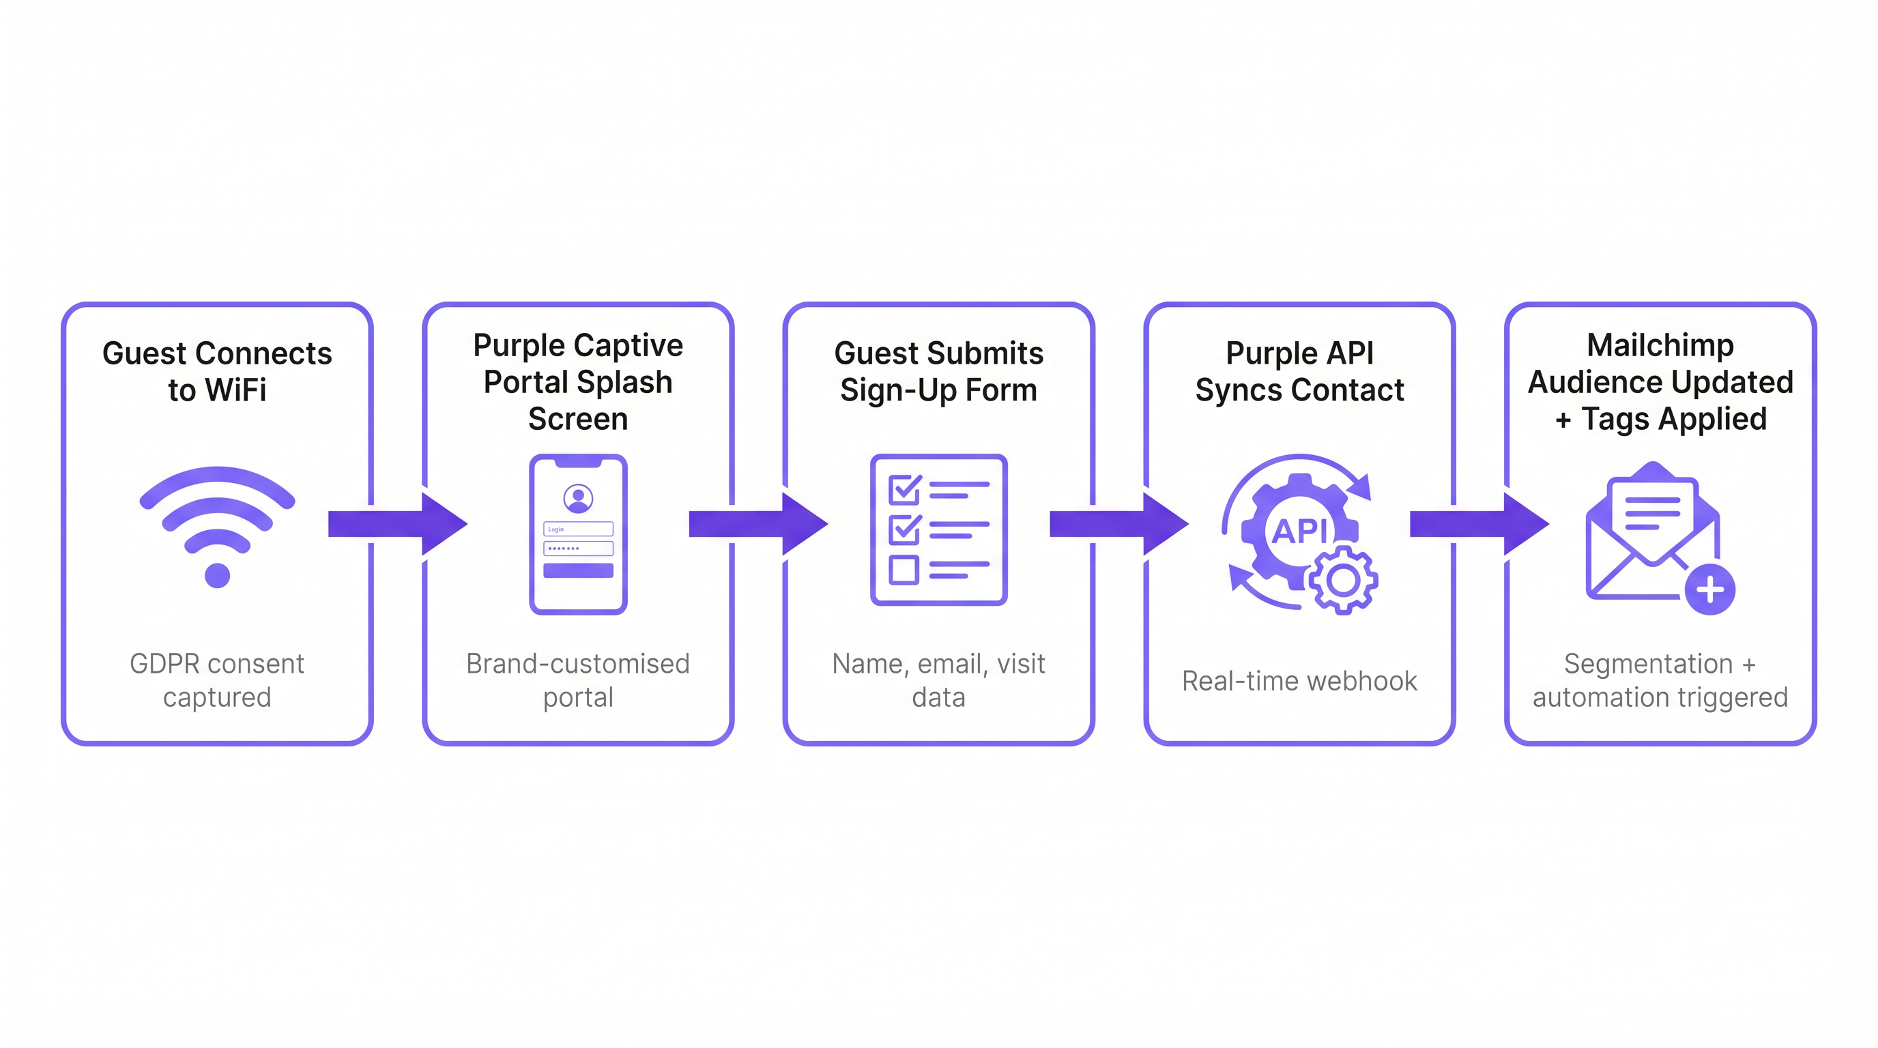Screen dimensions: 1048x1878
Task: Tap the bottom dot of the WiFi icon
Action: (217, 576)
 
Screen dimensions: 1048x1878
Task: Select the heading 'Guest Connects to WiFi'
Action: (217, 372)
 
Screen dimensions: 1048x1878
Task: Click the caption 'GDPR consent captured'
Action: (217, 680)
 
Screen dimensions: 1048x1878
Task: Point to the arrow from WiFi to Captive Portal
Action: (397, 523)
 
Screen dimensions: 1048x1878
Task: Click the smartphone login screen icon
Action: (578, 534)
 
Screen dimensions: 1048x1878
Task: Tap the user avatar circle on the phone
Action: (578, 499)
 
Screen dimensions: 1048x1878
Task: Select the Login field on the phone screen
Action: (578, 529)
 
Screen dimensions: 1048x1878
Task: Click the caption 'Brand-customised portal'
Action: (578, 680)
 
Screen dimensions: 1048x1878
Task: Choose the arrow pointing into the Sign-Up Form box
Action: (758, 523)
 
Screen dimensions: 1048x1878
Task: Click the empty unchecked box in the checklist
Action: (904, 570)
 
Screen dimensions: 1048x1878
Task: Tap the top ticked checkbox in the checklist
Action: (905, 490)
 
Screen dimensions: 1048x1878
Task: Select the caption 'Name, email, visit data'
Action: (938, 680)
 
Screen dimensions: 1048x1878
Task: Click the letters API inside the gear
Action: (1299, 532)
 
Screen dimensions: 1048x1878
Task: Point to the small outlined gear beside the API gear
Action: (1343, 581)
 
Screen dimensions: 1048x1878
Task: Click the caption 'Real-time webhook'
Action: (1299, 681)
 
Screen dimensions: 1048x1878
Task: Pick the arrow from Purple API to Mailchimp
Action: (1479, 523)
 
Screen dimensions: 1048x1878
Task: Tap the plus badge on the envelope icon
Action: (1709, 589)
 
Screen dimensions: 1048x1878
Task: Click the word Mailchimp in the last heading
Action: (1660, 345)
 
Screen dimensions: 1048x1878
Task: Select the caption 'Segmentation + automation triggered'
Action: (1660, 680)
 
